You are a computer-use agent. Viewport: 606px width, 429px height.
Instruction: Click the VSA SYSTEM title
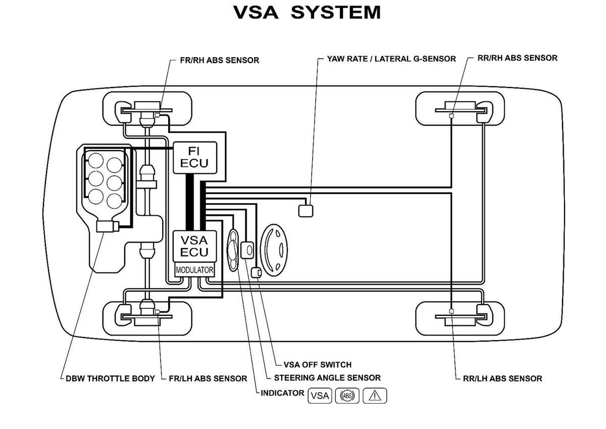pos(307,12)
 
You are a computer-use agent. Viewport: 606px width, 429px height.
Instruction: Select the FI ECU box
pos(195,157)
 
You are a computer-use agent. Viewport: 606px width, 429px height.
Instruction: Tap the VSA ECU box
pos(195,246)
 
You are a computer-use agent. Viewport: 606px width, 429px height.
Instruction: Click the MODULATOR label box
pos(194,270)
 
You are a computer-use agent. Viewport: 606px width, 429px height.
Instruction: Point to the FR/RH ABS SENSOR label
pos(219,60)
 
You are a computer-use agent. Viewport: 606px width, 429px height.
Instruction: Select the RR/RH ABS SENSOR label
pos(517,58)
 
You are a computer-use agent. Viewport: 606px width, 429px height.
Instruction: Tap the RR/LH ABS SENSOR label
pos(502,378)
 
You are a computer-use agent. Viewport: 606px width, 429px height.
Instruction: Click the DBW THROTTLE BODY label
pos(110,378)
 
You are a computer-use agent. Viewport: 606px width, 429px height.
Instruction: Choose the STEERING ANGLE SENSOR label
pos(327,377)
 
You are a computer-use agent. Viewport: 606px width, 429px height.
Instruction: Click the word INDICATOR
pos(282,393)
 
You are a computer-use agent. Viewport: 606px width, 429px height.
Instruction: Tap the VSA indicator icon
pos(320,396)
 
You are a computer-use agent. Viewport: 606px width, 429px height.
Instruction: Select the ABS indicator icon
pos(347,396)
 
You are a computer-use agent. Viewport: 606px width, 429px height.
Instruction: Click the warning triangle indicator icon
pos(374,396)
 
